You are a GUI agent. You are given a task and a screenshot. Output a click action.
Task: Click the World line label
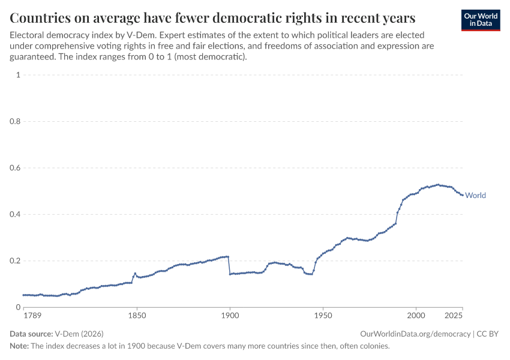[x=475, y=195]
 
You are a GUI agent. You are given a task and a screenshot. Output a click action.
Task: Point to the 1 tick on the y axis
[x=19, y=75]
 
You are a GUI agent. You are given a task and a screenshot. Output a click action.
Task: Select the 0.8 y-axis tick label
[x=15, y=121]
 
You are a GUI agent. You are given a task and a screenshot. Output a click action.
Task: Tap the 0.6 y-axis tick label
[x=15, y=168]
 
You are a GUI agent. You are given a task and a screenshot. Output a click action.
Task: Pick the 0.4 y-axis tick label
[x=15, y=214]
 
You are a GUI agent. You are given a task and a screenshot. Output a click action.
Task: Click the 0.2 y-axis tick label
[x=15, y=261]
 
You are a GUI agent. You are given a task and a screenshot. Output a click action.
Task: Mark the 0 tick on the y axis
[x=19, y=307]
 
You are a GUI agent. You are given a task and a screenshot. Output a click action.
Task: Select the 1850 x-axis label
[x=137, y=315]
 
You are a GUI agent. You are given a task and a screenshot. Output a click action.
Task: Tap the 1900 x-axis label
[x=230, y=315]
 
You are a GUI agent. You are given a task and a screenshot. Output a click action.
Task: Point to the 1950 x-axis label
[x=323, y=315]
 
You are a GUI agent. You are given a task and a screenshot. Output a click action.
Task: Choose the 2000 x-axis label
[x=416, y=315]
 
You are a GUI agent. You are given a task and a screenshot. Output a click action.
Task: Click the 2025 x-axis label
[x=454, y=315]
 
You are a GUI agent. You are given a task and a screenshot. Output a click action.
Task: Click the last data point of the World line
[x=462, y=195]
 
